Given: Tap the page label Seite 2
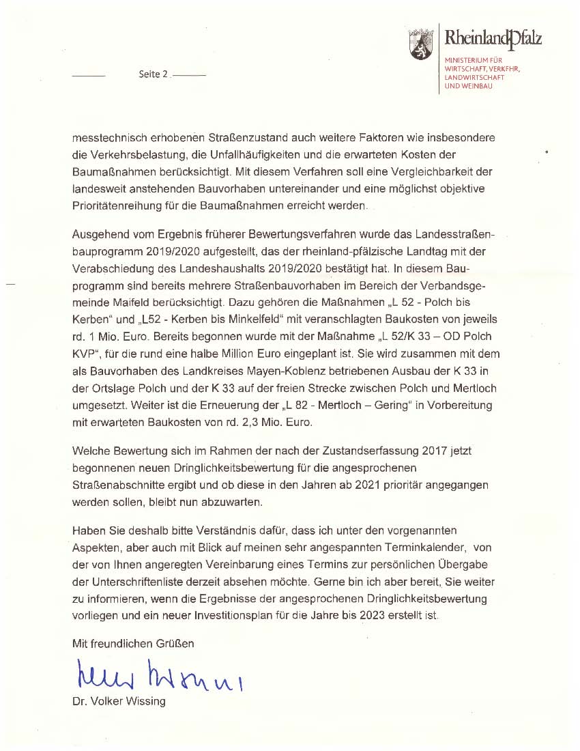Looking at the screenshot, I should coord(154,74).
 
